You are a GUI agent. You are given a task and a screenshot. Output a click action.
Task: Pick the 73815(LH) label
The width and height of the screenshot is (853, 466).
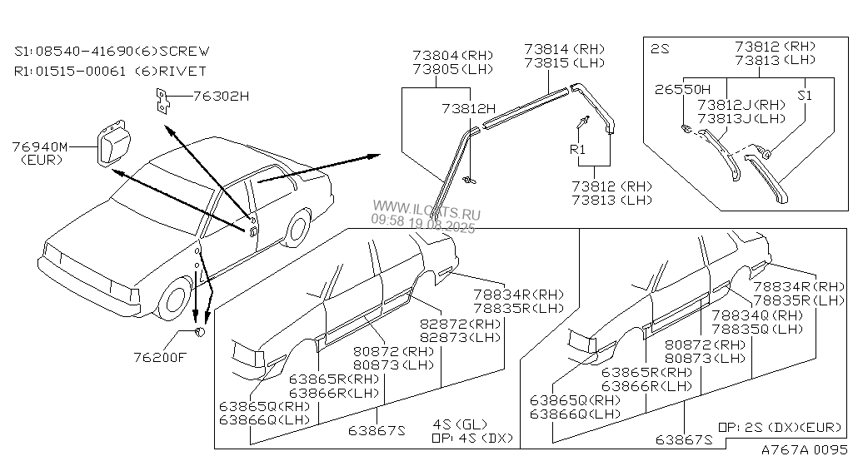564,62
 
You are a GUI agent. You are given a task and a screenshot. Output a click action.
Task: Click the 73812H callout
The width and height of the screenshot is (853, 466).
468,109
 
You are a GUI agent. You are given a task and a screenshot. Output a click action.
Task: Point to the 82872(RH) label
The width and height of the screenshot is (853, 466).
461,324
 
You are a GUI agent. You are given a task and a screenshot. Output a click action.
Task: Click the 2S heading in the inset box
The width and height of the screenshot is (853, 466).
660,49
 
